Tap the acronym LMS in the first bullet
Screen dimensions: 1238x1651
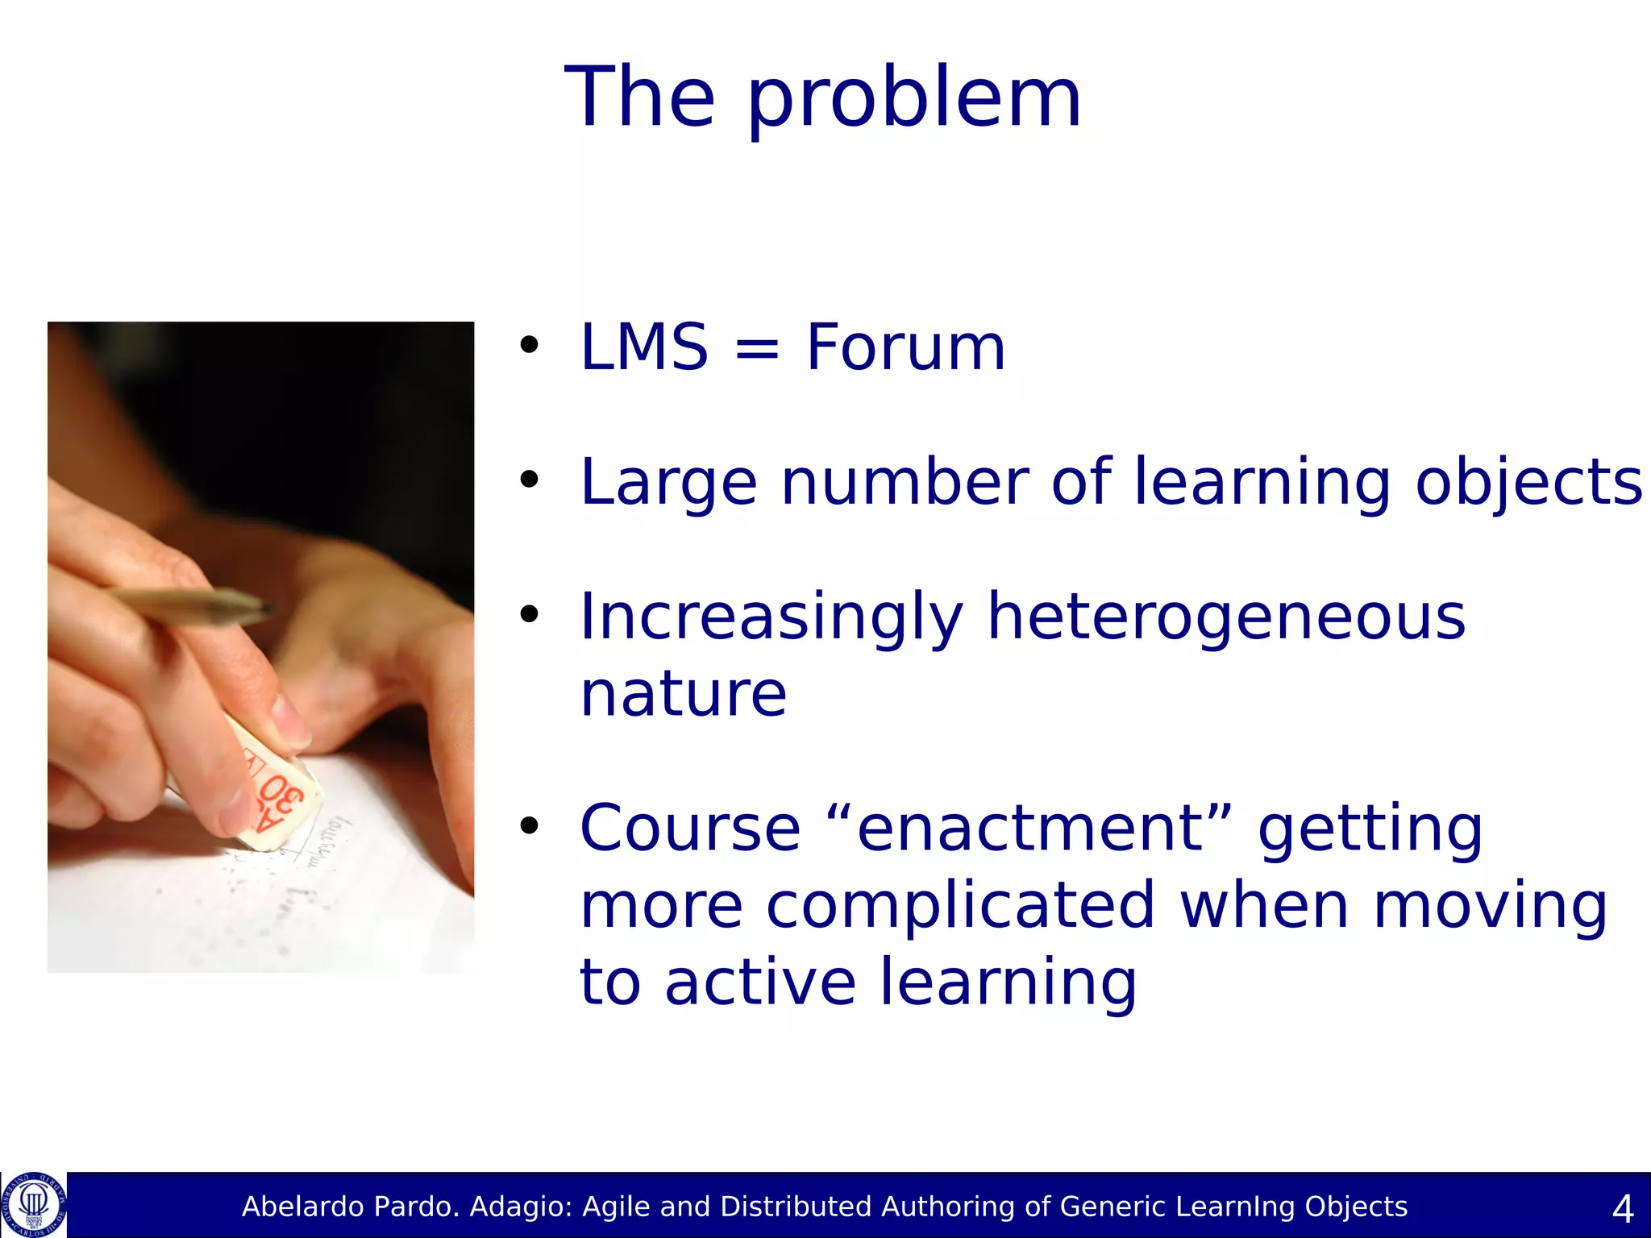pyautogui.click(x=643, y=347)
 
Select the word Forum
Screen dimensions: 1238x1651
pyautogui.click(x=905, y=347)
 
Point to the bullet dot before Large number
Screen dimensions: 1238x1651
pyautogui.click(x=529, y=480)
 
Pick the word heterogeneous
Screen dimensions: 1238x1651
pyautogui.click(x=1225, y=617)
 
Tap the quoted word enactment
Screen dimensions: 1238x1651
pyautogui.click(x=1029, y=829)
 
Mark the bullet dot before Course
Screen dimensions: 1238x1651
pyautogui.click(x=529, y=825)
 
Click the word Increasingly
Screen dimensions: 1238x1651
pyautogui.click(x=771, y=617)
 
